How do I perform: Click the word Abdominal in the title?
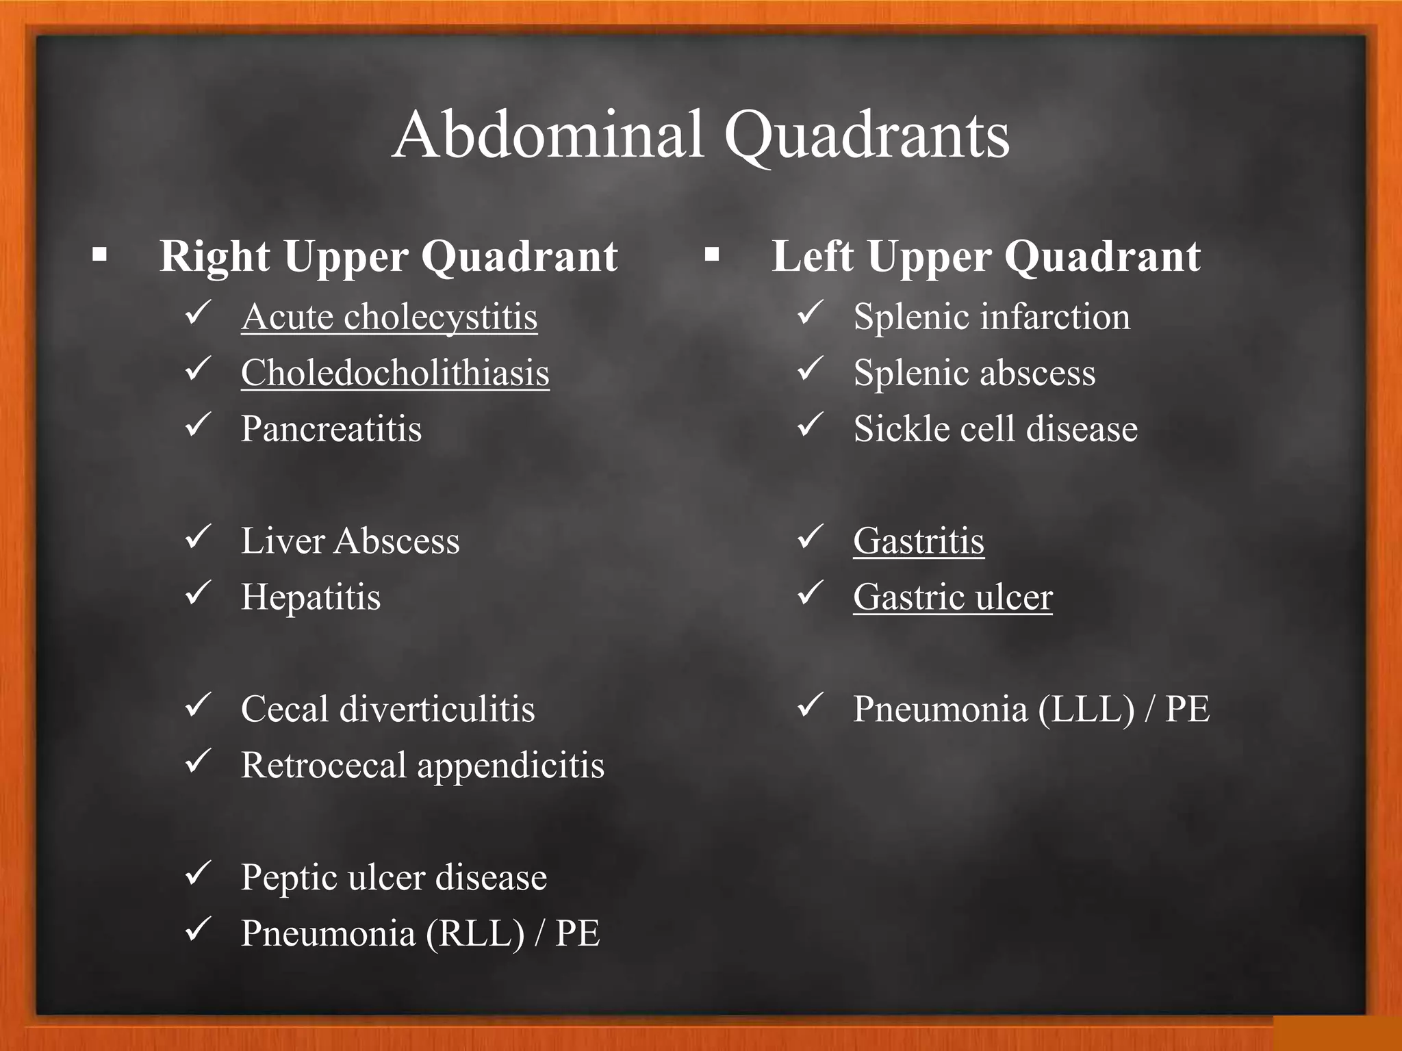click(548, 135)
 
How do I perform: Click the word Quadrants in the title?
click(866, 135)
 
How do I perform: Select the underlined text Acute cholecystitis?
click(389, 317)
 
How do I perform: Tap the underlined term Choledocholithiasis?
click(395, 373)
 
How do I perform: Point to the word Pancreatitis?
click(331, 429)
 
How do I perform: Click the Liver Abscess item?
click(350, 541)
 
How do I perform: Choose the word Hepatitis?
click(311, 597)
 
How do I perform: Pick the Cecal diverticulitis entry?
click(387, 709)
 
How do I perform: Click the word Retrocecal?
click(324, 765)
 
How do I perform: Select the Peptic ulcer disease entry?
click(394, 877)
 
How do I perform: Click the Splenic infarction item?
click(991, 317)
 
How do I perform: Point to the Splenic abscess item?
click(974, 373)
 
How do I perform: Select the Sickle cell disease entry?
click(995, 429)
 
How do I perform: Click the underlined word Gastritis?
click(919, 541)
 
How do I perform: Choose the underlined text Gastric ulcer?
click(952, 597)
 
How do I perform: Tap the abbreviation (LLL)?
click(1086, 709)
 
